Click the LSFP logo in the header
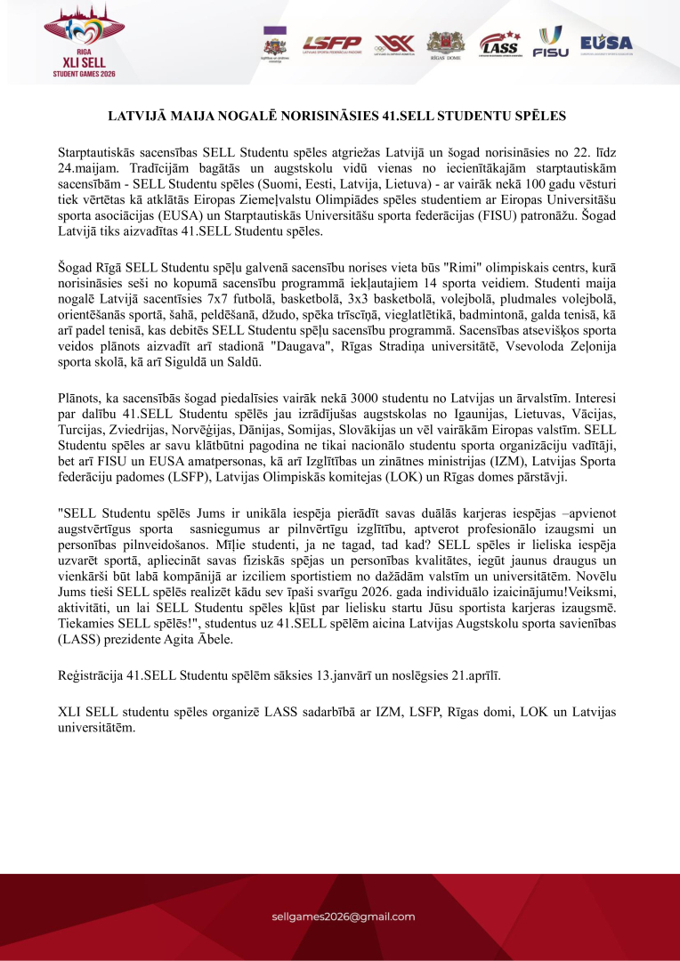pos(332,43)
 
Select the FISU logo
pos(550,42)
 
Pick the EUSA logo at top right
pos(606,43)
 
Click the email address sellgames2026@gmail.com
pos(343,917)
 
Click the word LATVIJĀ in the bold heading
pos(137,116)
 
